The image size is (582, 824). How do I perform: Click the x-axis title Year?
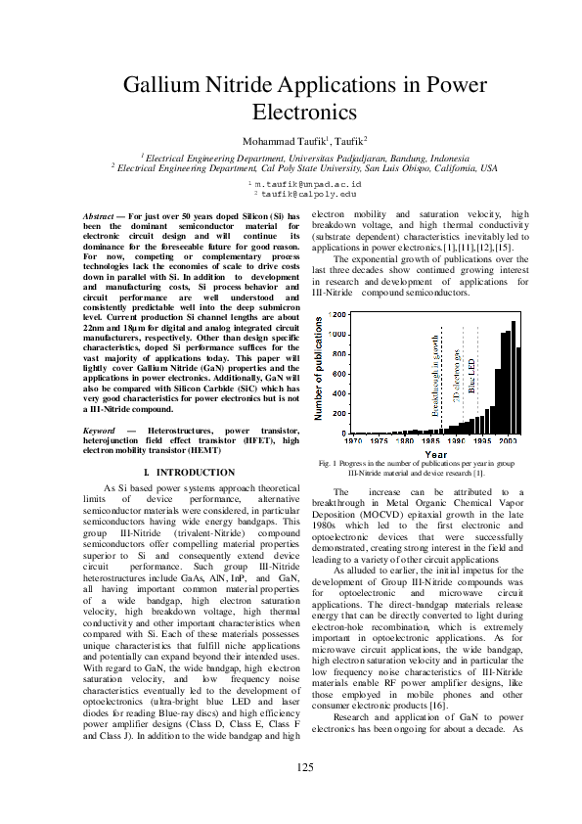[x=435, y=454]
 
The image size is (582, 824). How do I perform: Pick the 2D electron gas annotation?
[x=456, y=375]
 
